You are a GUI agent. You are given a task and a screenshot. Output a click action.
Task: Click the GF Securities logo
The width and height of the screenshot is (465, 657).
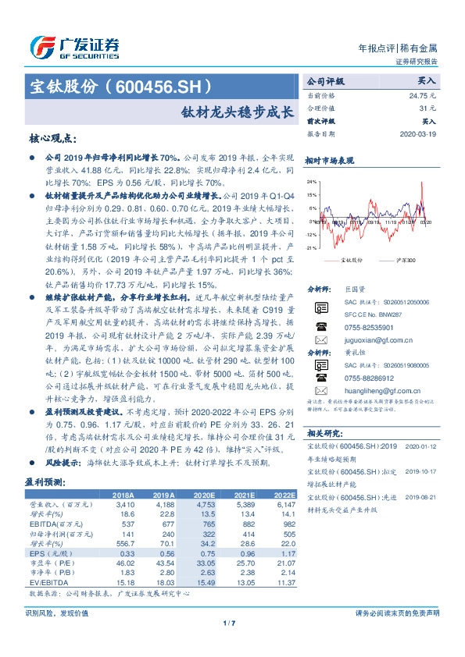(74, 47)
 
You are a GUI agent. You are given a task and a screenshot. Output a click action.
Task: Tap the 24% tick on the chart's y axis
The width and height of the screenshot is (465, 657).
(312, 180)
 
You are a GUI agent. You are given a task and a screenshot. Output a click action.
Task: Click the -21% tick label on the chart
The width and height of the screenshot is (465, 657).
(311, 247)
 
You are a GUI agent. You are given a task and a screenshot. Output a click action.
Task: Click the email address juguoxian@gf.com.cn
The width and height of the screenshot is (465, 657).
(376, 340)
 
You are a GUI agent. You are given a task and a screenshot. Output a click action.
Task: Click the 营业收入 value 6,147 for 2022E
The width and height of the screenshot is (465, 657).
(284, 504)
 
